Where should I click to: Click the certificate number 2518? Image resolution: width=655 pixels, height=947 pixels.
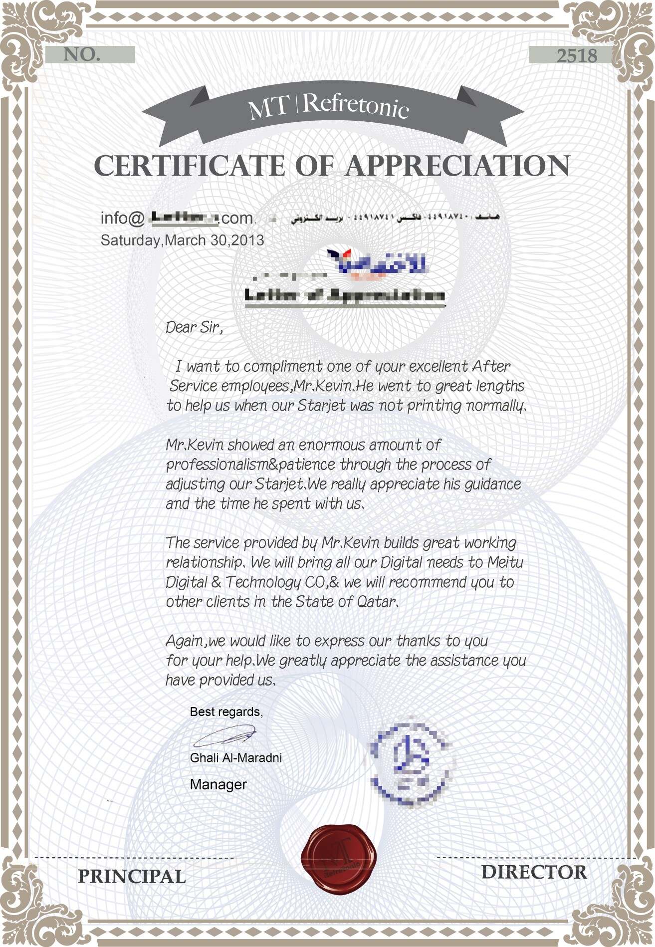[x=577, y=56]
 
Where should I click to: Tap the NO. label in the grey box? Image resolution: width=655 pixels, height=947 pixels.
[x=82, y=55]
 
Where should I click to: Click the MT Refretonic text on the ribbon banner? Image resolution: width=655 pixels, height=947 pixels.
[x=329, y=106]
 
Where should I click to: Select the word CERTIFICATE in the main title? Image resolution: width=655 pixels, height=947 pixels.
[x=190, y=166]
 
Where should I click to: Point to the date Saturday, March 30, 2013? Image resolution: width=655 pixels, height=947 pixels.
[x=182, y=240]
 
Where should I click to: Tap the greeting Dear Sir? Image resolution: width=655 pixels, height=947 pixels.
[x=194, y=327]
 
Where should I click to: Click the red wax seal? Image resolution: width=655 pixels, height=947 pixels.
[x=339, y=857]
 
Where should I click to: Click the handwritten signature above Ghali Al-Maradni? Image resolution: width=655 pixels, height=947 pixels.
[x=224, y=736]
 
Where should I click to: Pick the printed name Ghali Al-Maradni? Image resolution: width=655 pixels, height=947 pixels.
[x=236, y=758]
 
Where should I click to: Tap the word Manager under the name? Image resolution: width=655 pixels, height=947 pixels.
[x=218, y=784]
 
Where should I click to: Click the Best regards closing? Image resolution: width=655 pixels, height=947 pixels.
[x=226, y=711]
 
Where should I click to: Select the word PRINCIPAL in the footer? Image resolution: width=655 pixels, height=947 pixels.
[x=132, y=876]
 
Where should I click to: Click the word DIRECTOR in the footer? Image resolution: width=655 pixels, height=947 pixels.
[x=534, y=872]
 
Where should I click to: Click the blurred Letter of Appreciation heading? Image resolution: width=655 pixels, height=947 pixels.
[x=344, y=295]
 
